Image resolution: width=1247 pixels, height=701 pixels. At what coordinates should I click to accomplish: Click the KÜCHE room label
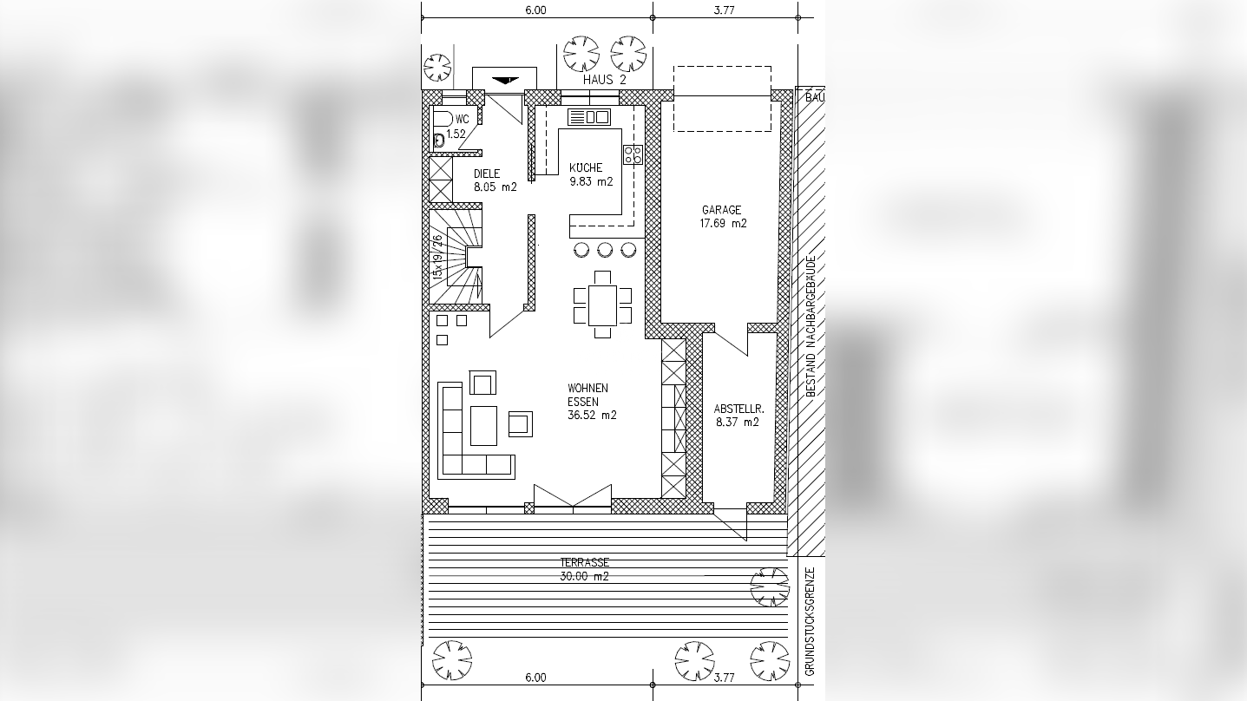(x=586, y=167)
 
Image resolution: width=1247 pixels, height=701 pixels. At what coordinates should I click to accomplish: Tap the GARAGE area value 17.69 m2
(x=723, y=223)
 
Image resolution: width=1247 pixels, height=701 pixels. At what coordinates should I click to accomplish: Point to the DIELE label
(x=487, y=174)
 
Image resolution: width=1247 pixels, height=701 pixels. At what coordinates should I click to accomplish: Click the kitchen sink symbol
(x=589, y=117)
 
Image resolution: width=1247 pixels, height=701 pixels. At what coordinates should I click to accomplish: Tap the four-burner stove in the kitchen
(x=633, y=154)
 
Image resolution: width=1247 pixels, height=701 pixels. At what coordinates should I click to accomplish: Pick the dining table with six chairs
(x=602, y=305)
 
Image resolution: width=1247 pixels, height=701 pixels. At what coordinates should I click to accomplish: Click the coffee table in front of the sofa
(x=483, y=426)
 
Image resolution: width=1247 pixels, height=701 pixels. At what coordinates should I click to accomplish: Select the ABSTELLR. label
(x=738, y=409)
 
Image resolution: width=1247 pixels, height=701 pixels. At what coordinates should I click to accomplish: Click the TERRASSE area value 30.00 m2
(x=585, y=576)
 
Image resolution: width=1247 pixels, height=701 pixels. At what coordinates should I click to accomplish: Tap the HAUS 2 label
(x=605, y=80)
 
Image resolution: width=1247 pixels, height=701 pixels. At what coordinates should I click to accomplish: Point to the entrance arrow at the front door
(x=505, y=81)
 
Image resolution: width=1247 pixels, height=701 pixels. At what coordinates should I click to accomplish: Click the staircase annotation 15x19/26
(x=437, y=257)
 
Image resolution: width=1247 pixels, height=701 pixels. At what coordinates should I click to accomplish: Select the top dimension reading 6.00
(x=535, y=10)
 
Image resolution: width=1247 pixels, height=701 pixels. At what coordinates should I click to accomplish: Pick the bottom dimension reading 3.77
(x=725, y=678)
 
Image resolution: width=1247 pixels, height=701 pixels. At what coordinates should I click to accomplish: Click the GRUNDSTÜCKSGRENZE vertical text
(x=810, y=621)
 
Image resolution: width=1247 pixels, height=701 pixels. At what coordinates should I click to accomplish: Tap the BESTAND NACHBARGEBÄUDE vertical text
(x=811, y=326)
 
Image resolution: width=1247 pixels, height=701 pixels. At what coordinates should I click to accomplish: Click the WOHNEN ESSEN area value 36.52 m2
(x=592, y=415)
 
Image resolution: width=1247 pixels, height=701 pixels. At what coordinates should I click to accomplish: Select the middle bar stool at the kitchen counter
(x=605, y=250)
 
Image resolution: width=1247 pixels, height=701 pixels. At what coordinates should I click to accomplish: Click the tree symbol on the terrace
(x=770, y=587)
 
